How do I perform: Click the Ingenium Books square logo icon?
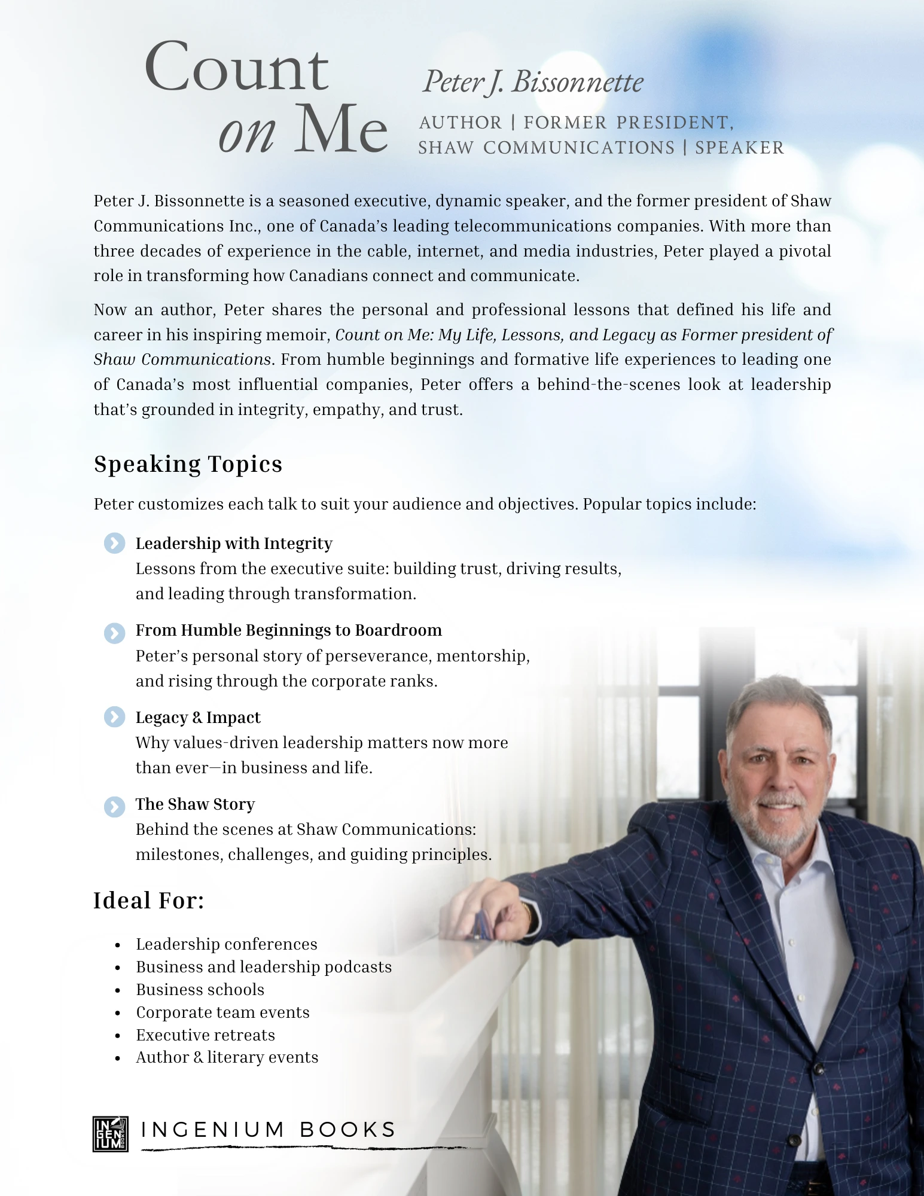coord(111,1133)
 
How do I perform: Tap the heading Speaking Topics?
coord(188,465)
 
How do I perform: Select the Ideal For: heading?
coord(148,901)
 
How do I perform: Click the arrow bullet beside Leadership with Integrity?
coord(114,543)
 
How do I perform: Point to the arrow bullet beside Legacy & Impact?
coord(114,717)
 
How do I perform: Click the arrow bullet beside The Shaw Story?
coord(114,806)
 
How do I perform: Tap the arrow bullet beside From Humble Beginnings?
coord(114,633)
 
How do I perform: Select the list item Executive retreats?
coord(205,1035)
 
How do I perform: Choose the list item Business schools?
coord(200,990)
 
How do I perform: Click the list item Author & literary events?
coord(227,1057)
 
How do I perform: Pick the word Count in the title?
coord(236,68)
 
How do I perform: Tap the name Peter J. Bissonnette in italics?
coord(532,82)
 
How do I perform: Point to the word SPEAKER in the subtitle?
coord(739,148)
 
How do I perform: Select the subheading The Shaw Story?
coord(195,804)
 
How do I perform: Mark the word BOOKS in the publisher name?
coord(347,1130)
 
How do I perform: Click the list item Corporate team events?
coord(222,1012)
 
